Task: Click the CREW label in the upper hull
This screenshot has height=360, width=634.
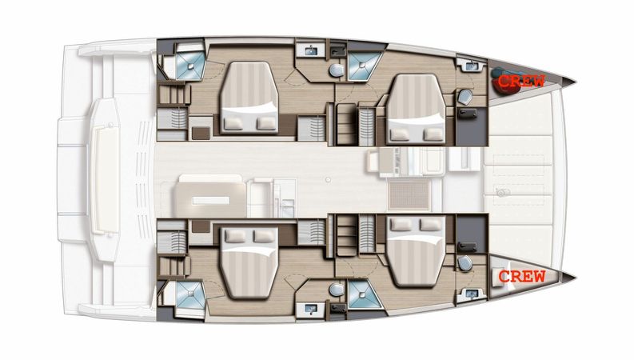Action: (521, 81)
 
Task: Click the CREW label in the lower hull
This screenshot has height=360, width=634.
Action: (522, 277)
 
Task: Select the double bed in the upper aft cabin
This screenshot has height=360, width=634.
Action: (249, 98)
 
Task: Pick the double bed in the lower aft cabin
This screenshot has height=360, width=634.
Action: (249, 262)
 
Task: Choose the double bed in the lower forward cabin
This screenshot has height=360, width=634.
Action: (416, 250)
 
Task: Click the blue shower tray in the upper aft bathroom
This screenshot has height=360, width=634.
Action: (190, 66)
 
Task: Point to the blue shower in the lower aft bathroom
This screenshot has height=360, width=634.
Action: (190, 294)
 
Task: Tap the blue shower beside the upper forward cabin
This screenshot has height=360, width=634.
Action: (363, 66)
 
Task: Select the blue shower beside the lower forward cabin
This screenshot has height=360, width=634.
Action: (363, 294)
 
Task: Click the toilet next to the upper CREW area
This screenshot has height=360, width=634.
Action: (465, 97)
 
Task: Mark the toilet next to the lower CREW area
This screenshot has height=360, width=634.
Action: (465, 263)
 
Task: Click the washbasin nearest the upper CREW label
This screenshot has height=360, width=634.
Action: (472, 65)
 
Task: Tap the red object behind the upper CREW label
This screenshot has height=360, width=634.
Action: (504, 81)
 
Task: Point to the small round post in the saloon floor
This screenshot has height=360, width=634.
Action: (329, 179)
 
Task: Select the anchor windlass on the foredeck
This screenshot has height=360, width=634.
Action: (502, 193)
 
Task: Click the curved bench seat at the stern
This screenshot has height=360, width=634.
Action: (104, 166)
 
